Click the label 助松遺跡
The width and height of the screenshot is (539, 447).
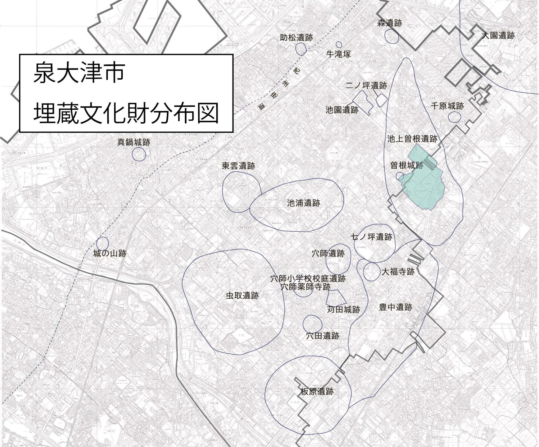pyautogui.click(x=296, y=37)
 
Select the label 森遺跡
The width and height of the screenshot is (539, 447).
pyautogui.click(x=389, y=23)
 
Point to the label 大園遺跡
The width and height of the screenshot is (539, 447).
pyautogui.click(x=498, y=35)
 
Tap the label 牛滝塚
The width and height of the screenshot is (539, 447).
pyautogui.click(x=338, y=54)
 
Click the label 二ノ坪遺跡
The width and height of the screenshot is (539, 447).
pyautogui.click(x=366, y=86)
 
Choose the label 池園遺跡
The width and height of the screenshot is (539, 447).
pyautogui.click(x=342, y=110)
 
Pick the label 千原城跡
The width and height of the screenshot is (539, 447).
pyautogui.click(x=447, y=106)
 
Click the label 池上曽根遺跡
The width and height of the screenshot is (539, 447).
pyautogui.click(x=412, y=139)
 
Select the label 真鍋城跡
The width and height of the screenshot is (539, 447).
pyautogui.click(x=134, y=142)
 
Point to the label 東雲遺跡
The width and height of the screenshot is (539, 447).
pyautogui.click(x=238, y=166)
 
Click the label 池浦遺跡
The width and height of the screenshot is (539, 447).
pyautogui.click(x=303, y=203)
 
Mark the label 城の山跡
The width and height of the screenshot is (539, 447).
pyautogui.click(x=110, y=253)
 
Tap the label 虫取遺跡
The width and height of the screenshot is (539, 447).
pyautogui.click(x=242, y=296)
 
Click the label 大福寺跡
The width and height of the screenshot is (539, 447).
pyautogui.click(x=398, y=271)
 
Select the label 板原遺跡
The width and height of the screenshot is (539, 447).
pyautogui.click(x=317, y=391)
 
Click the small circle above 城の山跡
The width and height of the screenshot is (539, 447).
pyautogui.click(x=102, y=243)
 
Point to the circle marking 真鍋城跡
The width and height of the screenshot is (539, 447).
pyautogui.click(x=139, y=154)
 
